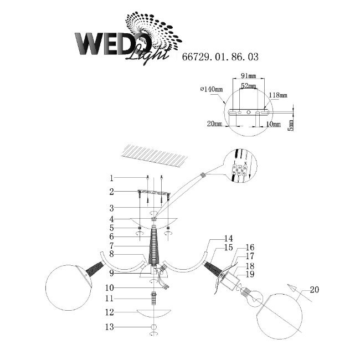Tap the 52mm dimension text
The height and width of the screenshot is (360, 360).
tap(248, 87)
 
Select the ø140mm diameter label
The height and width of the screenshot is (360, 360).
tap(211, 89)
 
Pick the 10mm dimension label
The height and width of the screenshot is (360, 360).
tap(272, 125)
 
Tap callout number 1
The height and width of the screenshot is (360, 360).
tap(111, 178)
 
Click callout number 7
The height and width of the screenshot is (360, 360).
tap(111, 245)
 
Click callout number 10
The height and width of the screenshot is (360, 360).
tap(111, 288)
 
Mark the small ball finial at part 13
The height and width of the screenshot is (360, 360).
tap(152, 327)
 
